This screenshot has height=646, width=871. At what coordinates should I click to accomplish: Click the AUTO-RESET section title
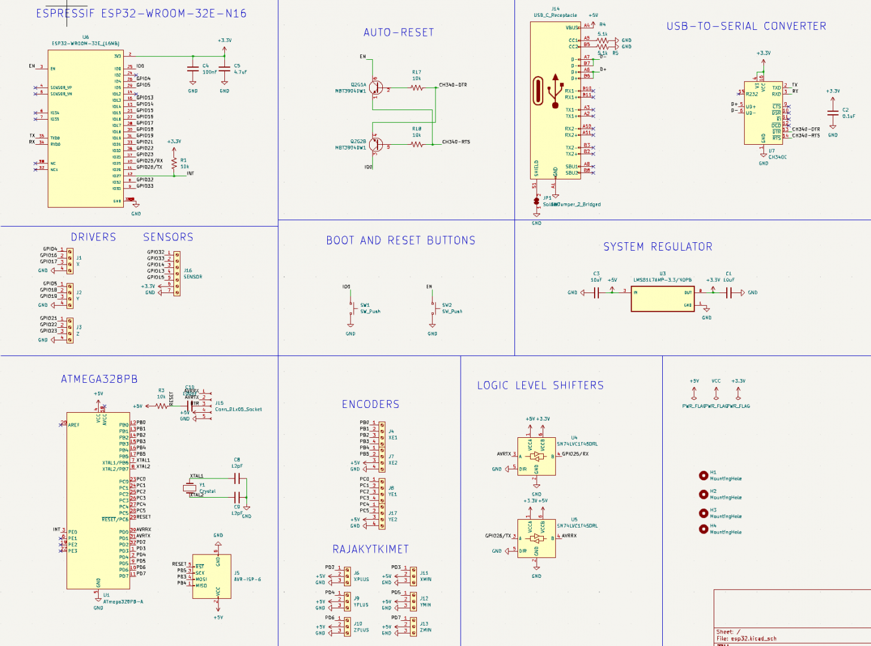398,33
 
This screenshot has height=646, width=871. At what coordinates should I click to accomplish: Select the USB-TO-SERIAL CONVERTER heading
746,26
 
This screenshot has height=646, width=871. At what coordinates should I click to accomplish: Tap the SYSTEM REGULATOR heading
657,247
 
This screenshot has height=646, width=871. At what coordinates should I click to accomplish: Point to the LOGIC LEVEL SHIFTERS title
540,386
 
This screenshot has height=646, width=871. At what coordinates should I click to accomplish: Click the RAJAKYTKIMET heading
370,549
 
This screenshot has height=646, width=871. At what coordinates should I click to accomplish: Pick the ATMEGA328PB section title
99,379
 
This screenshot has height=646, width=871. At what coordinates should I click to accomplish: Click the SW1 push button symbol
352,308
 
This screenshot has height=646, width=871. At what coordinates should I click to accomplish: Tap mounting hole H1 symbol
703,476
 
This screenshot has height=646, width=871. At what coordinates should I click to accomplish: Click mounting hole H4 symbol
703,529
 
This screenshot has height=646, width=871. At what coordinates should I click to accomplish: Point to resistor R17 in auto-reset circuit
417,88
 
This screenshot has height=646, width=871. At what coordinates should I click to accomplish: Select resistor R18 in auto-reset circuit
417,144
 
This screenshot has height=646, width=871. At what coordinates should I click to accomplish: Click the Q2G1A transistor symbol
376,88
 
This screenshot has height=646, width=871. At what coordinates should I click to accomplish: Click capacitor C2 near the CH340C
833,113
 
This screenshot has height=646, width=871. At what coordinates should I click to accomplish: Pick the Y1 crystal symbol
190,488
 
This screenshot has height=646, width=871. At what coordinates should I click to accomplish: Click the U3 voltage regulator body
662,298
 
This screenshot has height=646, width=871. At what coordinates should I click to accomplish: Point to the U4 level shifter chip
537,456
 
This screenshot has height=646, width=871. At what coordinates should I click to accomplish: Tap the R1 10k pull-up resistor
174,163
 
